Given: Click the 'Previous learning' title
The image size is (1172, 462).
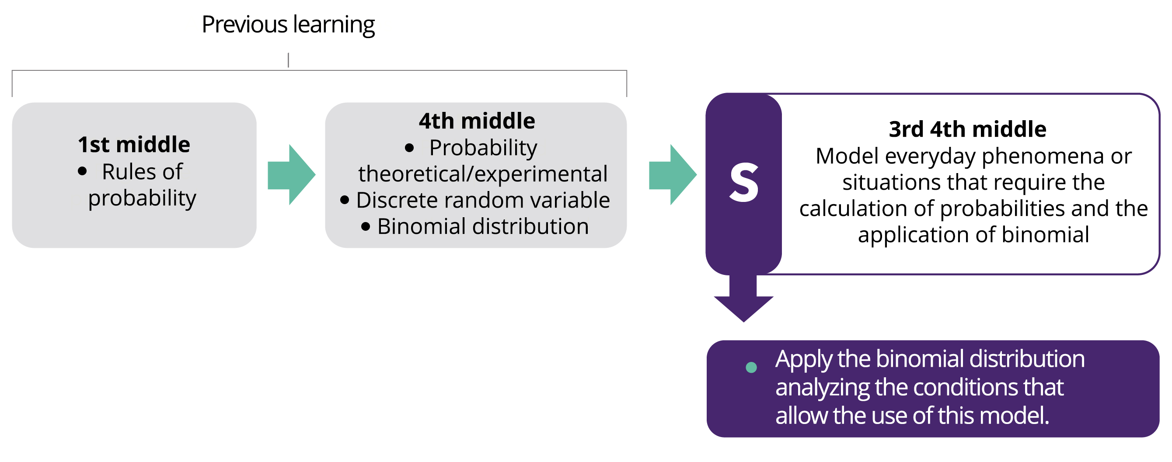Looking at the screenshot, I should tap(288, 24).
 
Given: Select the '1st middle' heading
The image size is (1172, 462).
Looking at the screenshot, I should tap(134, 145).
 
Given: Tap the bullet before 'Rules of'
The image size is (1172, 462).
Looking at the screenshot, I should tap(82, 171).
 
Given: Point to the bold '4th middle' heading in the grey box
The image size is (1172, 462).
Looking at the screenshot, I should tap(477, 121).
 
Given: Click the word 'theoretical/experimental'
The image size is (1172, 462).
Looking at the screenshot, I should tap(483, 174).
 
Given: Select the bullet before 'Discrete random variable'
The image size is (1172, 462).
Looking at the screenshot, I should tap(345, 200).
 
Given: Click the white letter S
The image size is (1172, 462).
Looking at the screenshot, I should tap(744, 183).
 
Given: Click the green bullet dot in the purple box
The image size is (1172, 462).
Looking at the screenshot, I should tap(751, 367).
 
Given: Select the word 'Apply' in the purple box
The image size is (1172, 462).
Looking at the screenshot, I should tap(803, 359).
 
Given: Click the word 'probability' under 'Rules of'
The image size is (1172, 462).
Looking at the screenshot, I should tap(142, 198).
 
